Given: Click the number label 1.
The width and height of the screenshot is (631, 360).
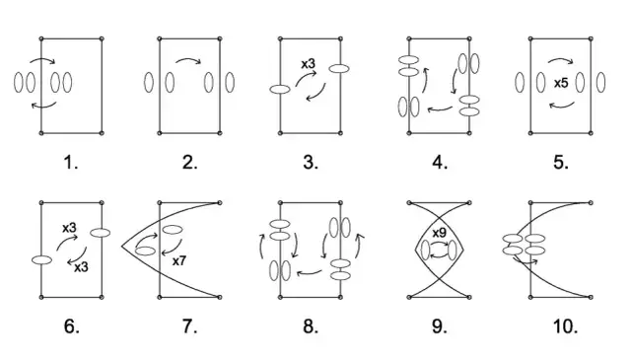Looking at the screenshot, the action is [x=70, y=163].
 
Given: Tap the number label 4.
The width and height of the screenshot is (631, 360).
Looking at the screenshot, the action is [x=440, y=163].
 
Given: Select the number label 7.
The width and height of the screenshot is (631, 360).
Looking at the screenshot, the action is [x=189, y=325].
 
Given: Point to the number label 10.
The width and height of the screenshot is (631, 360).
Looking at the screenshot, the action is [x=566, y=325].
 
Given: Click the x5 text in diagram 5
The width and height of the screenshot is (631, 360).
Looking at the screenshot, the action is [x=561, y=83].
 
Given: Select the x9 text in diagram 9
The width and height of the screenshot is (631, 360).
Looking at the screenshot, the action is [x=440, y=233].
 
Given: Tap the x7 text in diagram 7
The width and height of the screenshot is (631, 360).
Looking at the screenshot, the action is [x=179, y=261].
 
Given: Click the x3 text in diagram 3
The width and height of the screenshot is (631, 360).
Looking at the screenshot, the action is [x=309, y=64].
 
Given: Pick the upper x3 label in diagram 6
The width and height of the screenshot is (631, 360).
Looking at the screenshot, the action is [x=69, y=228].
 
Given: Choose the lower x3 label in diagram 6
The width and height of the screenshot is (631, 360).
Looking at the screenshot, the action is [x=81, y=266].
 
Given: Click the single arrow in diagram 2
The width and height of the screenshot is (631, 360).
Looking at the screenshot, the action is [x=188, y=59].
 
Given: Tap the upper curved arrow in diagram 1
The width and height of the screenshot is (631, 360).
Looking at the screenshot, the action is [x=42, y=59].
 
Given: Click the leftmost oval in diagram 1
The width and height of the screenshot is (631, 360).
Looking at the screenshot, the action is [x=19, y=82].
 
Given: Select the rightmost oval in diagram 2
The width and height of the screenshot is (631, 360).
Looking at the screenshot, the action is [x=230, y=82].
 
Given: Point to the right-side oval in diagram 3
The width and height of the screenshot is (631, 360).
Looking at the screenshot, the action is [x=339, y=68].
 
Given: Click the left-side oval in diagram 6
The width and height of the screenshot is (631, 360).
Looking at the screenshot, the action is [x=41, y=259].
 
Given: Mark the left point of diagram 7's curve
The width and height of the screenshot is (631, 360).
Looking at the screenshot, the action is [x=121, y=246].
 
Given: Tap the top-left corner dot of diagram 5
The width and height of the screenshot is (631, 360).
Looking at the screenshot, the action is [x=530, y=38].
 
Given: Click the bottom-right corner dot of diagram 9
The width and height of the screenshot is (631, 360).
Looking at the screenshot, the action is [x=469, y=297].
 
